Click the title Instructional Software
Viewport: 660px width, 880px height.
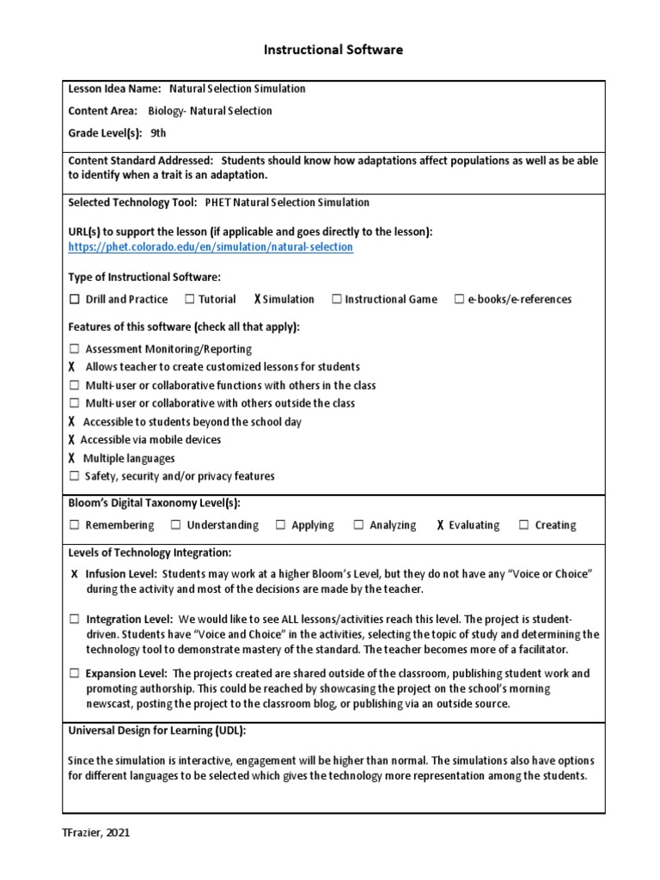pyautogui.click(x=333, y=51)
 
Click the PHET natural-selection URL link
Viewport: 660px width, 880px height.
pyautogui.click(x=211, y=247)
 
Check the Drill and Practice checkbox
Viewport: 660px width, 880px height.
pyautogui.click(x=75, y=300)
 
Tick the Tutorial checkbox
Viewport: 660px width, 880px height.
pyautogui.click(x=189, y=300)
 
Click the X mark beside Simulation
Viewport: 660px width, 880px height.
pyautogui.click(x=257, y=300)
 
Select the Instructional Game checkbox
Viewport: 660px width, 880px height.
pyautogui.click(x=337, y=300)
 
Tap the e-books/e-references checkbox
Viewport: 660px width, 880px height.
pyautogui.click(x=460, y=300)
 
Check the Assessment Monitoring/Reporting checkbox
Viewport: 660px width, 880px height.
pyautogui.click(x=75, y=349)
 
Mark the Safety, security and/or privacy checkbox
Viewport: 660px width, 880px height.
pyautogui.click(x=75, y=476)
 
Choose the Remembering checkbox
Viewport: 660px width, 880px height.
pyautogui.click(x=75, y=525)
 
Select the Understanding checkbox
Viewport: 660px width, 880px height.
pyautogui.click(x=176, y=525)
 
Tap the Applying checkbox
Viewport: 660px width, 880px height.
pyautogui.click(x=281, y=525)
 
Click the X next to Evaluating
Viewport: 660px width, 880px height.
pyautogui.click(x=440, y=525)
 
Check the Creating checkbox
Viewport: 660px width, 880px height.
pyautogui.click(x=524, y=525)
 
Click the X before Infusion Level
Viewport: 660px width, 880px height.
pyautogui.click(x=75, y=573)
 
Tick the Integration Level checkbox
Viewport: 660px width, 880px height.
pyautogui.click(x=75, y=619)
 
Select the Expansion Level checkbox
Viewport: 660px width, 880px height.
pyautogui.click(x=75, y=674)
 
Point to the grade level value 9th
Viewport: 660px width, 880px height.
pyautogui.click(x=158, y=133)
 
